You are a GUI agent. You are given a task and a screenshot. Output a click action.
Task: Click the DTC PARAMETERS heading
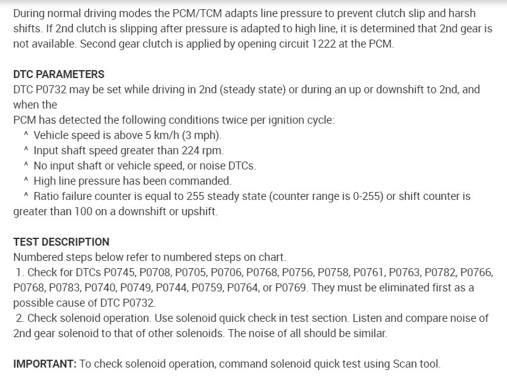59,74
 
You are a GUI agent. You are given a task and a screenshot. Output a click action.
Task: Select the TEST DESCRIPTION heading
61,241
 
